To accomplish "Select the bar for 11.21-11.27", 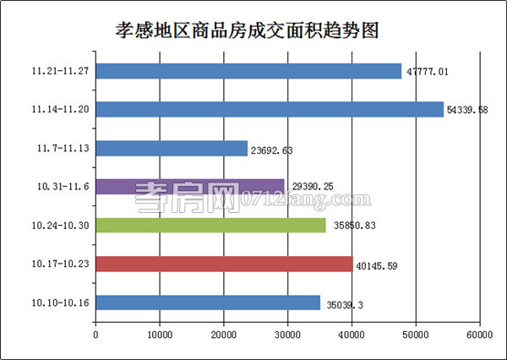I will pyautogui.click(x=248, y=71).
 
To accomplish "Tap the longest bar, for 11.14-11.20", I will pyautogui.click(x=270, y=110).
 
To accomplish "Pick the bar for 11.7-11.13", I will pyautogui.click(x=172, y=149).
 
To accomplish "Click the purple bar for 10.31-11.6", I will pyautogui.click(x=190, y=187).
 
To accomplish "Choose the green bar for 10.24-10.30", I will pyautogui.click(x=210, y=225).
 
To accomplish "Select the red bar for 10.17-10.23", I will pyautogui.click(x=224, y=264).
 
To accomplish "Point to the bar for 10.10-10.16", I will pyautogui.click(x=208, y=303).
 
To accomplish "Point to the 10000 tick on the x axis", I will pyautogui.click(x=160, y=335).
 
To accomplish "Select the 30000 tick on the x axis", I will pyautogui.click(x=287, y=335).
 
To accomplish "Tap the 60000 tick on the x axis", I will pyautogui.click(x=479, y=335).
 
